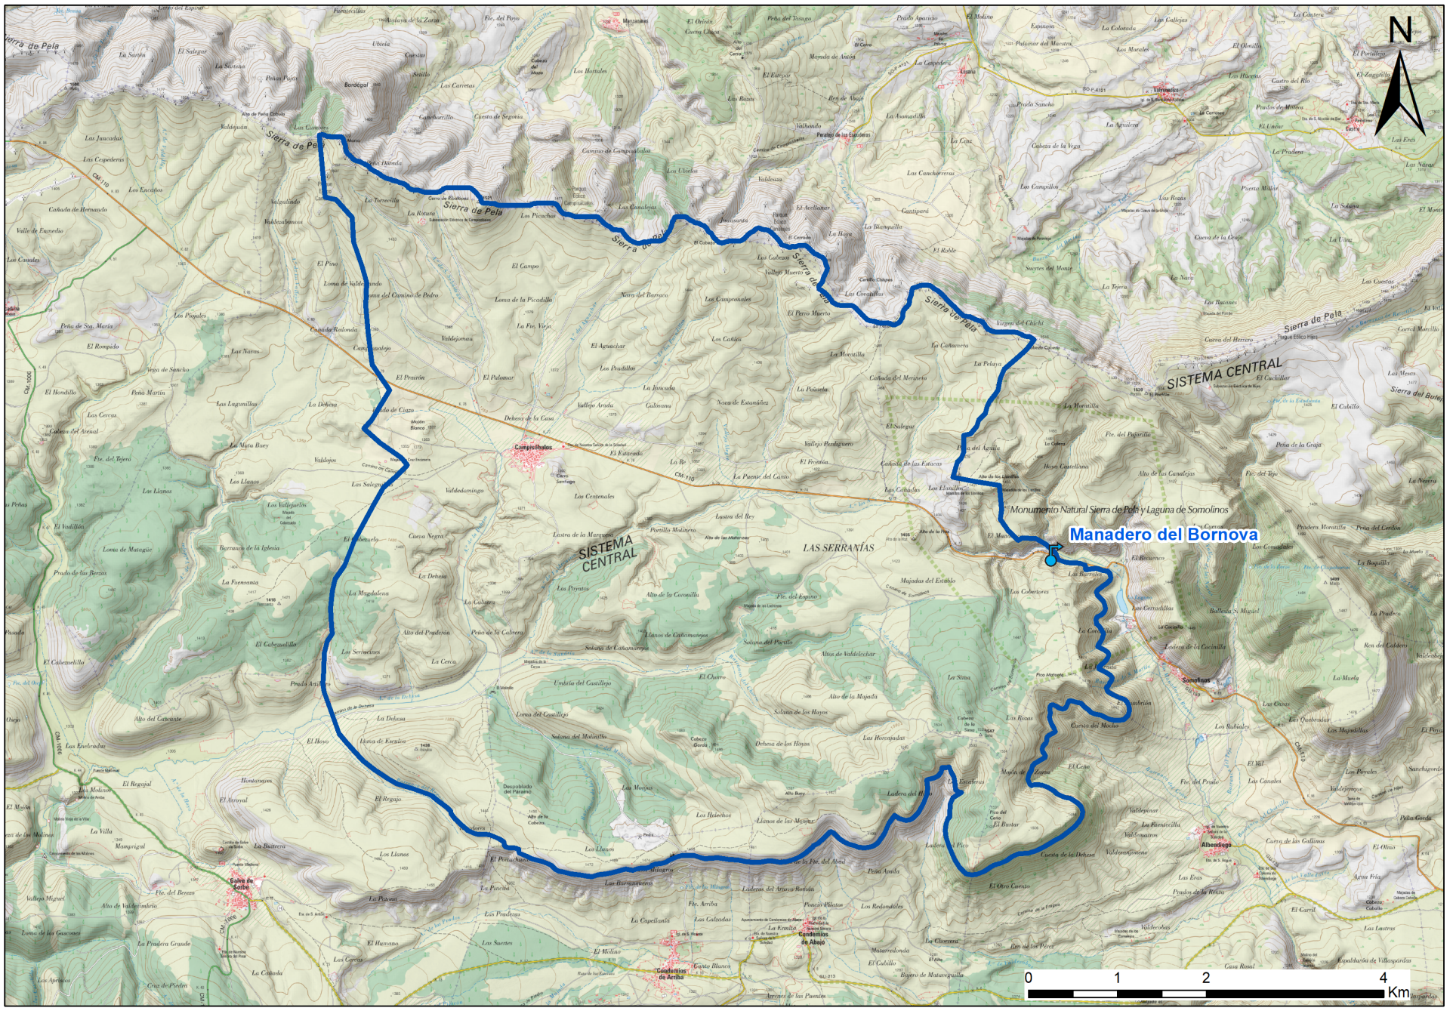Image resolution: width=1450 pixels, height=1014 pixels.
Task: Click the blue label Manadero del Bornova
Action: tap(1163, 535)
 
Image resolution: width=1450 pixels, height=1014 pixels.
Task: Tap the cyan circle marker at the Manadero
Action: tap(1050, 560)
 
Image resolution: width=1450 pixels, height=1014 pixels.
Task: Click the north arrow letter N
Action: tap(1399, 30)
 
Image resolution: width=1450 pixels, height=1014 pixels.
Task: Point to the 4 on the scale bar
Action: tap(1383, 978)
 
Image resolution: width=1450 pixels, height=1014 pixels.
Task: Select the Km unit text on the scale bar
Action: tap(1398, 992)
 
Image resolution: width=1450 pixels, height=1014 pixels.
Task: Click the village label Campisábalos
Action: tap(533, 448)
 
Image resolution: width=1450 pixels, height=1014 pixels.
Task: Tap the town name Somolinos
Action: tap(1195, 680)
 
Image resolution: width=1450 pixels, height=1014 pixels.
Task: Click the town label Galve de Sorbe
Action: tap(241, 883)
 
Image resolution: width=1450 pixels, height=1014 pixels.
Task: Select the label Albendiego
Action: tap(1216, 845)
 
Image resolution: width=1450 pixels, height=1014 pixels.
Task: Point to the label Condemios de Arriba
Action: tap(671, 974)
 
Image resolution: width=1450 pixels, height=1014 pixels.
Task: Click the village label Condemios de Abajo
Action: tap(813, 938)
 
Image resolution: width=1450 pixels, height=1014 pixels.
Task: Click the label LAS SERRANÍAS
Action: tap(838, 548)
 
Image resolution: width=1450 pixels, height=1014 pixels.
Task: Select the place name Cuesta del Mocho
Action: tap(1094, 726)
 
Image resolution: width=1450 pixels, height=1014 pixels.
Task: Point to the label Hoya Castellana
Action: tap(1066, 467)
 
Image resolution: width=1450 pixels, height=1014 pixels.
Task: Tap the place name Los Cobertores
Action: tap(1029, 592)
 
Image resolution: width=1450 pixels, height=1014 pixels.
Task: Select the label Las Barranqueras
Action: tap(628, 883)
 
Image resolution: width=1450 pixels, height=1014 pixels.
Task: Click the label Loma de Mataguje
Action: tap(127, 550)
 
